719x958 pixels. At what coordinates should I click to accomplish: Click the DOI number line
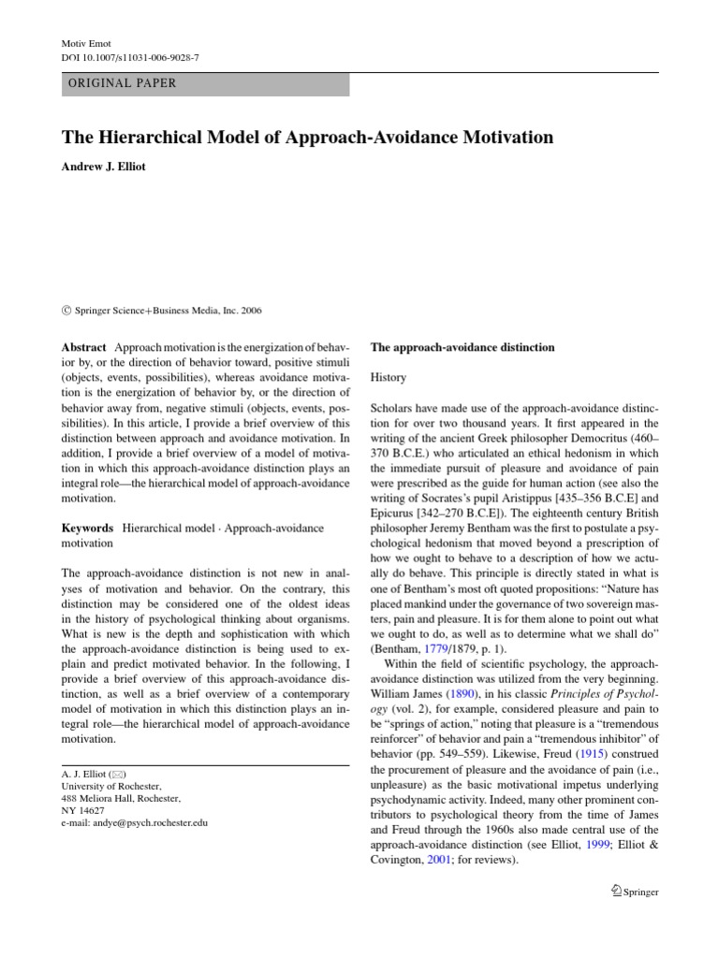point(130,58)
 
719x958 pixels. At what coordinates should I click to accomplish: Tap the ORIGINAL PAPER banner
point(205,83)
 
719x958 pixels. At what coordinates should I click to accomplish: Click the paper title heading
point(307,138)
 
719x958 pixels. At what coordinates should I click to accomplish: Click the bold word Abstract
point(84,347)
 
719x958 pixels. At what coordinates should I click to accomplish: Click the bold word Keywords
point(88,529)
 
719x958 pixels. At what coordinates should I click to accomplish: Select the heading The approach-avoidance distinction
point(462,347)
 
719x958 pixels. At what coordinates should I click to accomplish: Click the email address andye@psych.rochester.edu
point(134,822)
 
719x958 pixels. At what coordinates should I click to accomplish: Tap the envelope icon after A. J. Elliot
point(117,775)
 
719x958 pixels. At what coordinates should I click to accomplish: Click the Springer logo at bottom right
point(633,892)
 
